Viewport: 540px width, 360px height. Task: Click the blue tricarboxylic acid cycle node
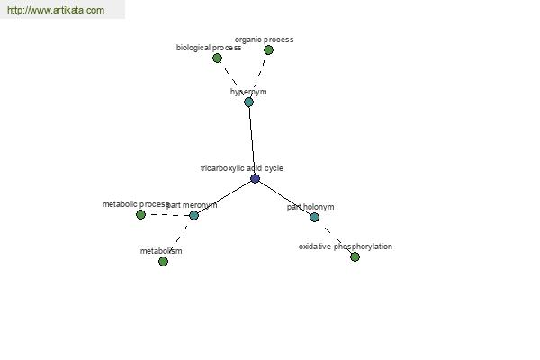click(x=255, y=178)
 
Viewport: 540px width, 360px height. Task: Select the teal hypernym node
click(x=248, y=102)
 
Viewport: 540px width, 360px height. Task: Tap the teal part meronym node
click(x=193, y=216)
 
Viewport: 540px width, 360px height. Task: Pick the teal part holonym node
click(x=314, y=218)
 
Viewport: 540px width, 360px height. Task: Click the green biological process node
click(x=217, y=58)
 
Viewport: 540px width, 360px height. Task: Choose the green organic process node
click(x=268, y=50)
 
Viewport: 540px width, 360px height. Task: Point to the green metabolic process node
click(x=140, y=214)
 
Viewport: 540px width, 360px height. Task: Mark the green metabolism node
click(x=163, y=262)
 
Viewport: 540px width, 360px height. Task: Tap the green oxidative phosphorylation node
click(x=355, y=256)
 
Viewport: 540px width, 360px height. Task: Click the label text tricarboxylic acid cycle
click(x=242, y=168)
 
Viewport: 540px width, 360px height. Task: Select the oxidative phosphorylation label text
click(x=346, y=247)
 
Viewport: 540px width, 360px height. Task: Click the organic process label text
click(x=264, y=40)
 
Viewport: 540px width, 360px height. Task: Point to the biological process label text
click(x=209, y=48)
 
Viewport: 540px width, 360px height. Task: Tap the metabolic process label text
click(x=135, y=204)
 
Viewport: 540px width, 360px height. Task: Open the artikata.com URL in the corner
click(x=56, y=10)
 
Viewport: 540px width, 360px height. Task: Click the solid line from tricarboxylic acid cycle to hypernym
click(x=252, y=140)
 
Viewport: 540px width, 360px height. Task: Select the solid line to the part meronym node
click(x=224, y=197)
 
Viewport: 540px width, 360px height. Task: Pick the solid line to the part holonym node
click(x=284, y=198)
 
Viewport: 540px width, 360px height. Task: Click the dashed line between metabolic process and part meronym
click(x=167, y=215)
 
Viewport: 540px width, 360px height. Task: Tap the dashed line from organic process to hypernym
click(x=259, y=75)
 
